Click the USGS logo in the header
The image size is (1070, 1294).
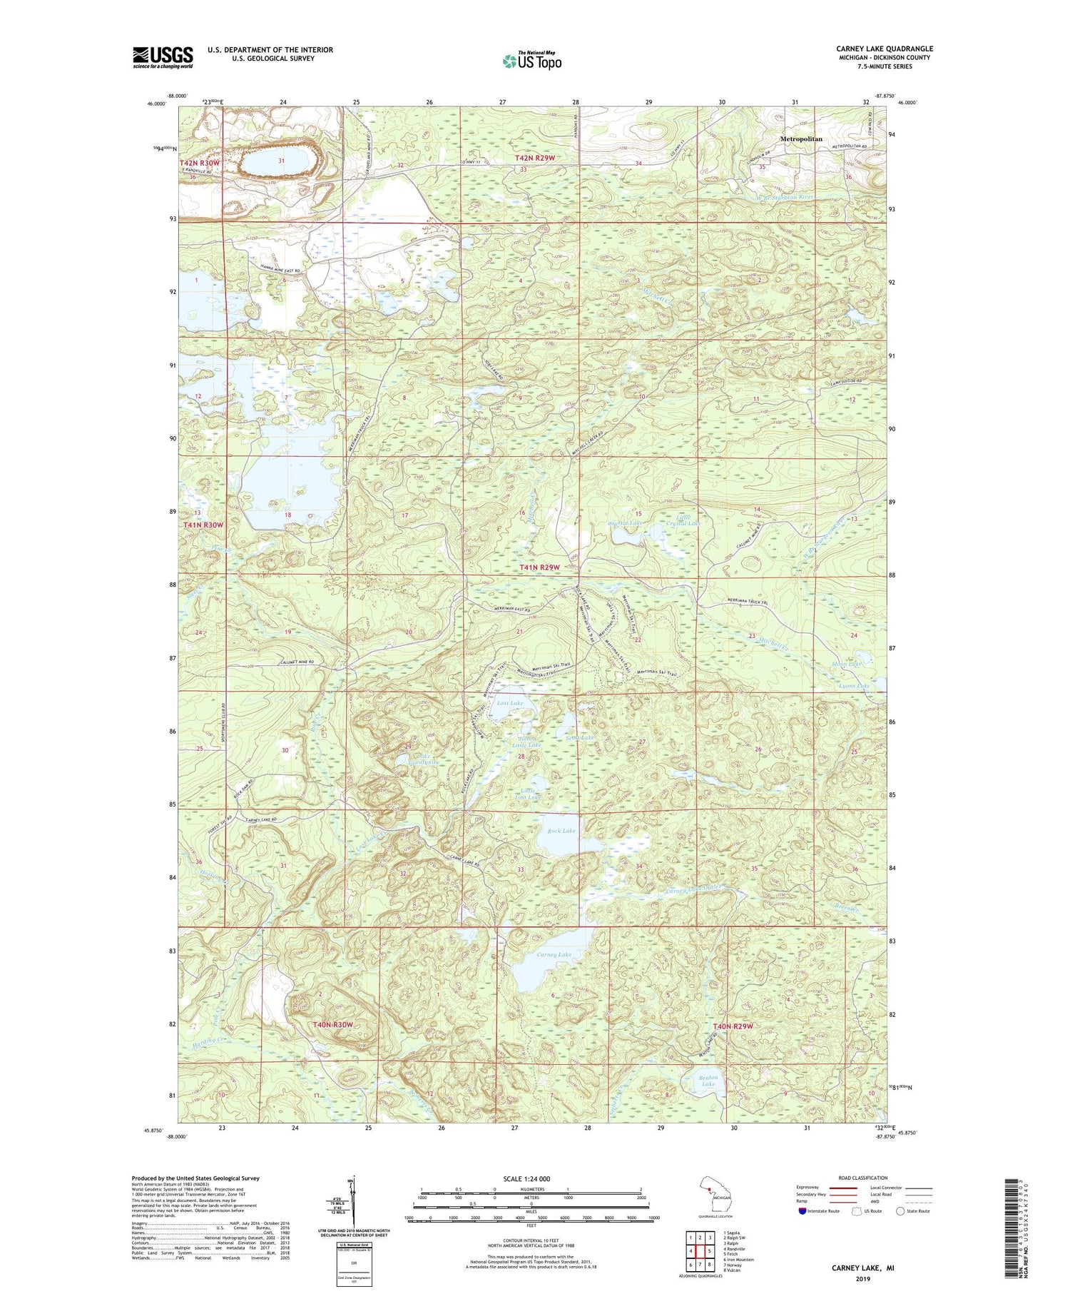[x=163, y=57]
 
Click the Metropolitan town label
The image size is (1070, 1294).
[x=800, y=139]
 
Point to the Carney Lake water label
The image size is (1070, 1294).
[x=554, y=954]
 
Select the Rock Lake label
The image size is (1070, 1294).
[x=561, y=831]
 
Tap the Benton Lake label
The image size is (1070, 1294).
[x=708, y=1081]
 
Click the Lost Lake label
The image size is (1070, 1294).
[x=509, y=703]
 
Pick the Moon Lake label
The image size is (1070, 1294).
[x=846, y=664]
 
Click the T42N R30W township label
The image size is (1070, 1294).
[x=200, y=163]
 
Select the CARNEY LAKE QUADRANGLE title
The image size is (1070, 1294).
[x=885, y=49]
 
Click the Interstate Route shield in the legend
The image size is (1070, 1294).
[x=802, y=1211]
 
